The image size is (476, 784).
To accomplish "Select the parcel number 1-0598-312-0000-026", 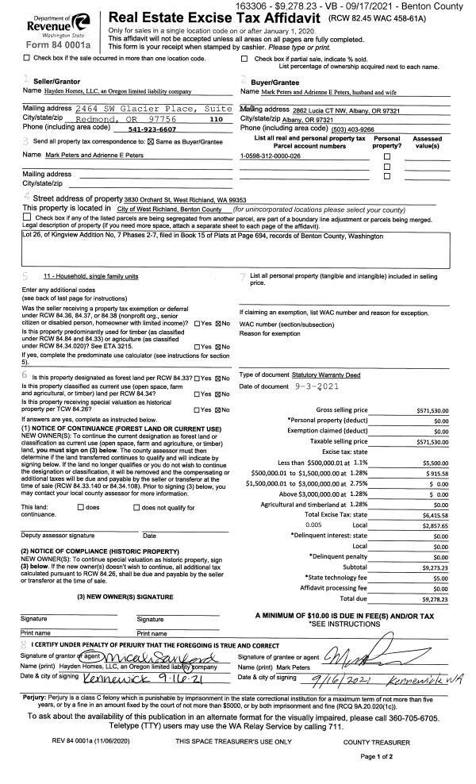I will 271,156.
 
